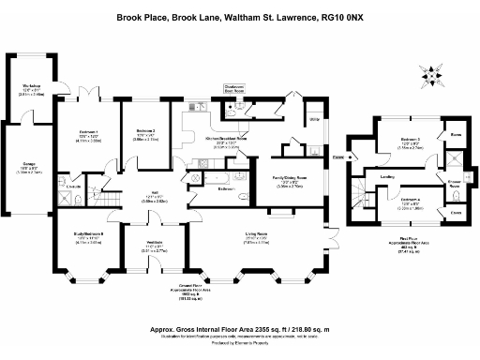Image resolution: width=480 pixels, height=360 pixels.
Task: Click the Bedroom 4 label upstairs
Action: [414, 200]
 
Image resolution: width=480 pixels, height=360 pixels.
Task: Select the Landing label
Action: [386, 174]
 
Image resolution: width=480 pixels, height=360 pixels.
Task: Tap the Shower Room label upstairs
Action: [454, 184]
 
